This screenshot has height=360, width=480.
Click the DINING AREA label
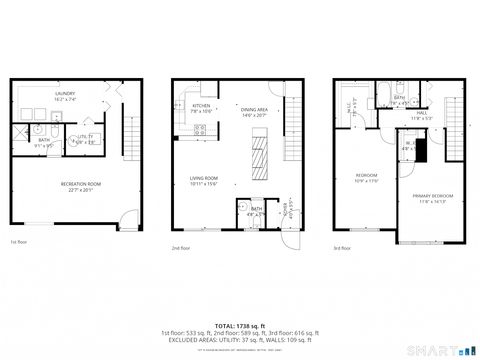tap(255, 112)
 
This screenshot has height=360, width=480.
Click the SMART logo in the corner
tap(453, 351)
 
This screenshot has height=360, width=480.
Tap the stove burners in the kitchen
tap(200, 129)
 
